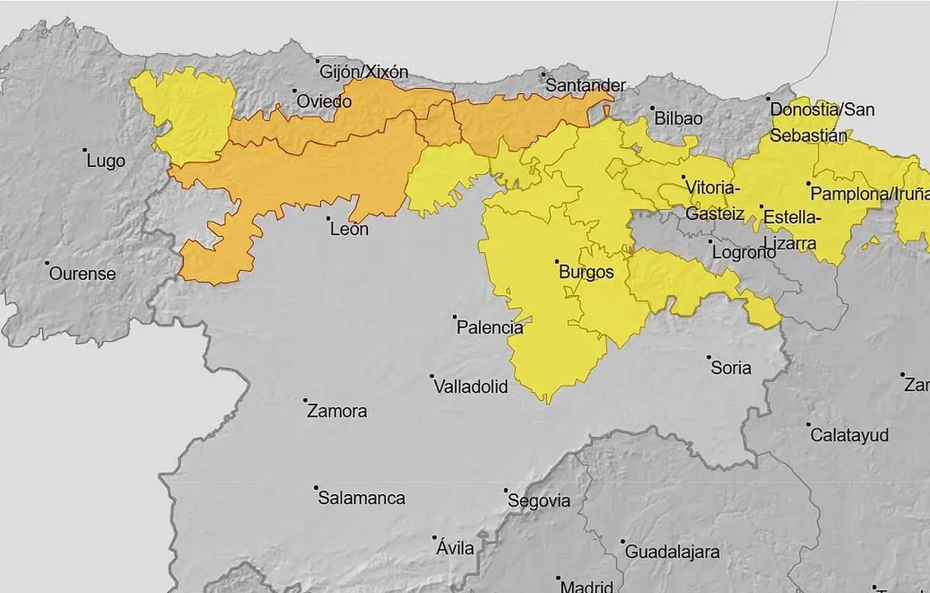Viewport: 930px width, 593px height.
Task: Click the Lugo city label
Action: [106, 161]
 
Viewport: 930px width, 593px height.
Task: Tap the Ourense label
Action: [82, 273]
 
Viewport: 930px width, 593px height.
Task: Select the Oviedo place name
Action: [324, 101]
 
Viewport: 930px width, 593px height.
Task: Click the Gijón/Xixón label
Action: [364, 72]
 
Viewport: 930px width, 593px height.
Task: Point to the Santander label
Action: [586, 86]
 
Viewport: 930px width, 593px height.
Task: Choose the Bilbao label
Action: [678, 119]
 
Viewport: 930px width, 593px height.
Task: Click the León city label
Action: [349, 230]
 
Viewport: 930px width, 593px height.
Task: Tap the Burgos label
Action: [586, 273]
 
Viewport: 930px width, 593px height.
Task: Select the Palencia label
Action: [490, 327]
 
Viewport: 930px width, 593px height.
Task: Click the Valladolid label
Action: [471, 386]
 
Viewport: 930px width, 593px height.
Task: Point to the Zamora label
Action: [337, 411]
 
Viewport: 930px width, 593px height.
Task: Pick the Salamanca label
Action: [361, 498]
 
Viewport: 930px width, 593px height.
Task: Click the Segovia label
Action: [539, 501]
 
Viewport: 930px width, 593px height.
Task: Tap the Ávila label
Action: [455, 548]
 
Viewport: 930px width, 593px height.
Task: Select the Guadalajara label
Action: [672, 552]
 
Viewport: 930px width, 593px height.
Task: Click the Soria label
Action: [731, 367]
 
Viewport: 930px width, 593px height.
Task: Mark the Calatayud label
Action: [849, 435]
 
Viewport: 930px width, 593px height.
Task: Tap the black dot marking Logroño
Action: [712, 242]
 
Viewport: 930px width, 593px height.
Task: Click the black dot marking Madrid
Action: [558, 578]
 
